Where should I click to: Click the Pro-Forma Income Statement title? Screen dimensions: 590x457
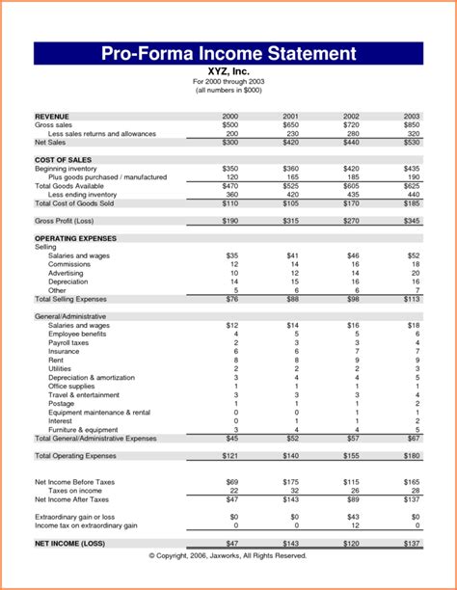[228, 53]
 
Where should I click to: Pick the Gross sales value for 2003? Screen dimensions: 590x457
[411, 124]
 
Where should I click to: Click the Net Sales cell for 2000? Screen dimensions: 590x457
[229, 142]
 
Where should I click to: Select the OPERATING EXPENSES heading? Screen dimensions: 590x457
[75, 238]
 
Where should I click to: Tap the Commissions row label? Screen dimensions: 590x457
[69, 264]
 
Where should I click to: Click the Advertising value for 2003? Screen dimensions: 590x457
[414, 273]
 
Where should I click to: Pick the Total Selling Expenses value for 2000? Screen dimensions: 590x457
[231, 300]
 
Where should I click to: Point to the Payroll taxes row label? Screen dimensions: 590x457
[68, 343]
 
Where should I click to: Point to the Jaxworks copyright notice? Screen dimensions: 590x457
[228, 556]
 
